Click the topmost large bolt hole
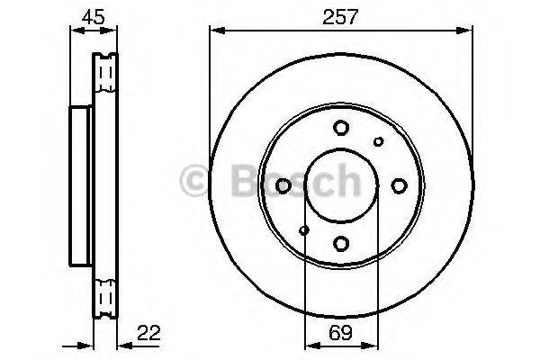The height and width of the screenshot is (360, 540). point(341,128)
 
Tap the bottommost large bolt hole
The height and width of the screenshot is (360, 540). point(341,242)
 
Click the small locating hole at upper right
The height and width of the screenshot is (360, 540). point(378,140)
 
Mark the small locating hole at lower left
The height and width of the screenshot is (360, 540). point(304,229)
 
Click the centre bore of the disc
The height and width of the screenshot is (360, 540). point(341,184)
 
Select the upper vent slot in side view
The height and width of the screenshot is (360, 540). point(106,71)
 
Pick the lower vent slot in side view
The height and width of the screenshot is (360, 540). point(106,298)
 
